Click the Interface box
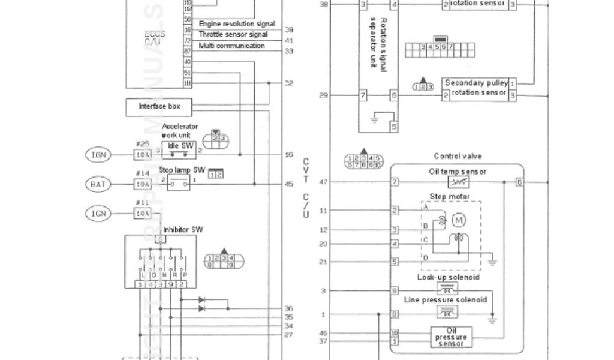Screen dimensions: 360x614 (159, 107)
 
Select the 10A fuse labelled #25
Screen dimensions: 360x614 (142, 155)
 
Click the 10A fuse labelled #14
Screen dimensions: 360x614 (142, 184)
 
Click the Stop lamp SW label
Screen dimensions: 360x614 (182, 170)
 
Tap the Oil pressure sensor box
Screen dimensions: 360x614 (450, 337)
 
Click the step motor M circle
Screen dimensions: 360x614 (460, 220)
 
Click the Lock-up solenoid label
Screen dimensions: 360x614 (447, 277)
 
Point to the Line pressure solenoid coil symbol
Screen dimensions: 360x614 (447, 312)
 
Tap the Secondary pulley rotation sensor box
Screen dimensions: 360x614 (476, 88)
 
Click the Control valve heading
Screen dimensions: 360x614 (458, 157)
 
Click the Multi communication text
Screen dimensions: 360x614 (231, 46)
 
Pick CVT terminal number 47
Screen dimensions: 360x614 (324, 182)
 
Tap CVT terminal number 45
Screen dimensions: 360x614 (288, 184)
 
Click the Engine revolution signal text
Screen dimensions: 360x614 (237, 24)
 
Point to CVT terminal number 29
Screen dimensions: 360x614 (324, 95)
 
